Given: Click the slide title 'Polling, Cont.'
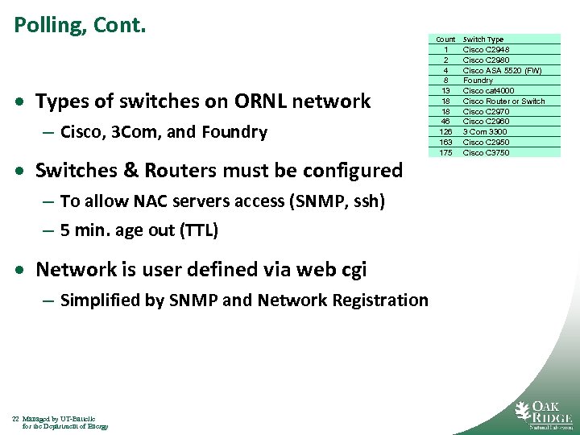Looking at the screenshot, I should pyautogui.click(x=80, y=26).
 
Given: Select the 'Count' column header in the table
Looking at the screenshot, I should pyautogui.click(x=445, y=39).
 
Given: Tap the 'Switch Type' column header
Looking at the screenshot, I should pyautogui.click(x=483, y=39).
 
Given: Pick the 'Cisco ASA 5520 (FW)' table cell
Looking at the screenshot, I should pyautogui.click(x=502, y=70).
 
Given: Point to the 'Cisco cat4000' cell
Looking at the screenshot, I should pyautogui.click(x=488, y=91).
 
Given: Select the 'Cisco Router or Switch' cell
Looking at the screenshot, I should pyautogui.click(x=503, y=101).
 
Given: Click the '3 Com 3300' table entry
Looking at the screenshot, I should pyautogui.click(x=485, y=132).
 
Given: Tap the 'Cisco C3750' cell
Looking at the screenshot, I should pyautogui.click(x=486, y=153).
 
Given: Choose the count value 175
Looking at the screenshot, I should pyautogui.click(x=445, y=153).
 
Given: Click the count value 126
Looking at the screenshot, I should pyautogui.click(x=445, y=132).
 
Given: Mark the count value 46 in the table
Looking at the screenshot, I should pyautogui.click(x=445, y=122).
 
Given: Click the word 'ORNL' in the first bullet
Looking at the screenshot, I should pyautogui.click(x=259, y=101).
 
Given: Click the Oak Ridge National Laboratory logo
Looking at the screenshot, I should pyautogui.click(x=543, y=414).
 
